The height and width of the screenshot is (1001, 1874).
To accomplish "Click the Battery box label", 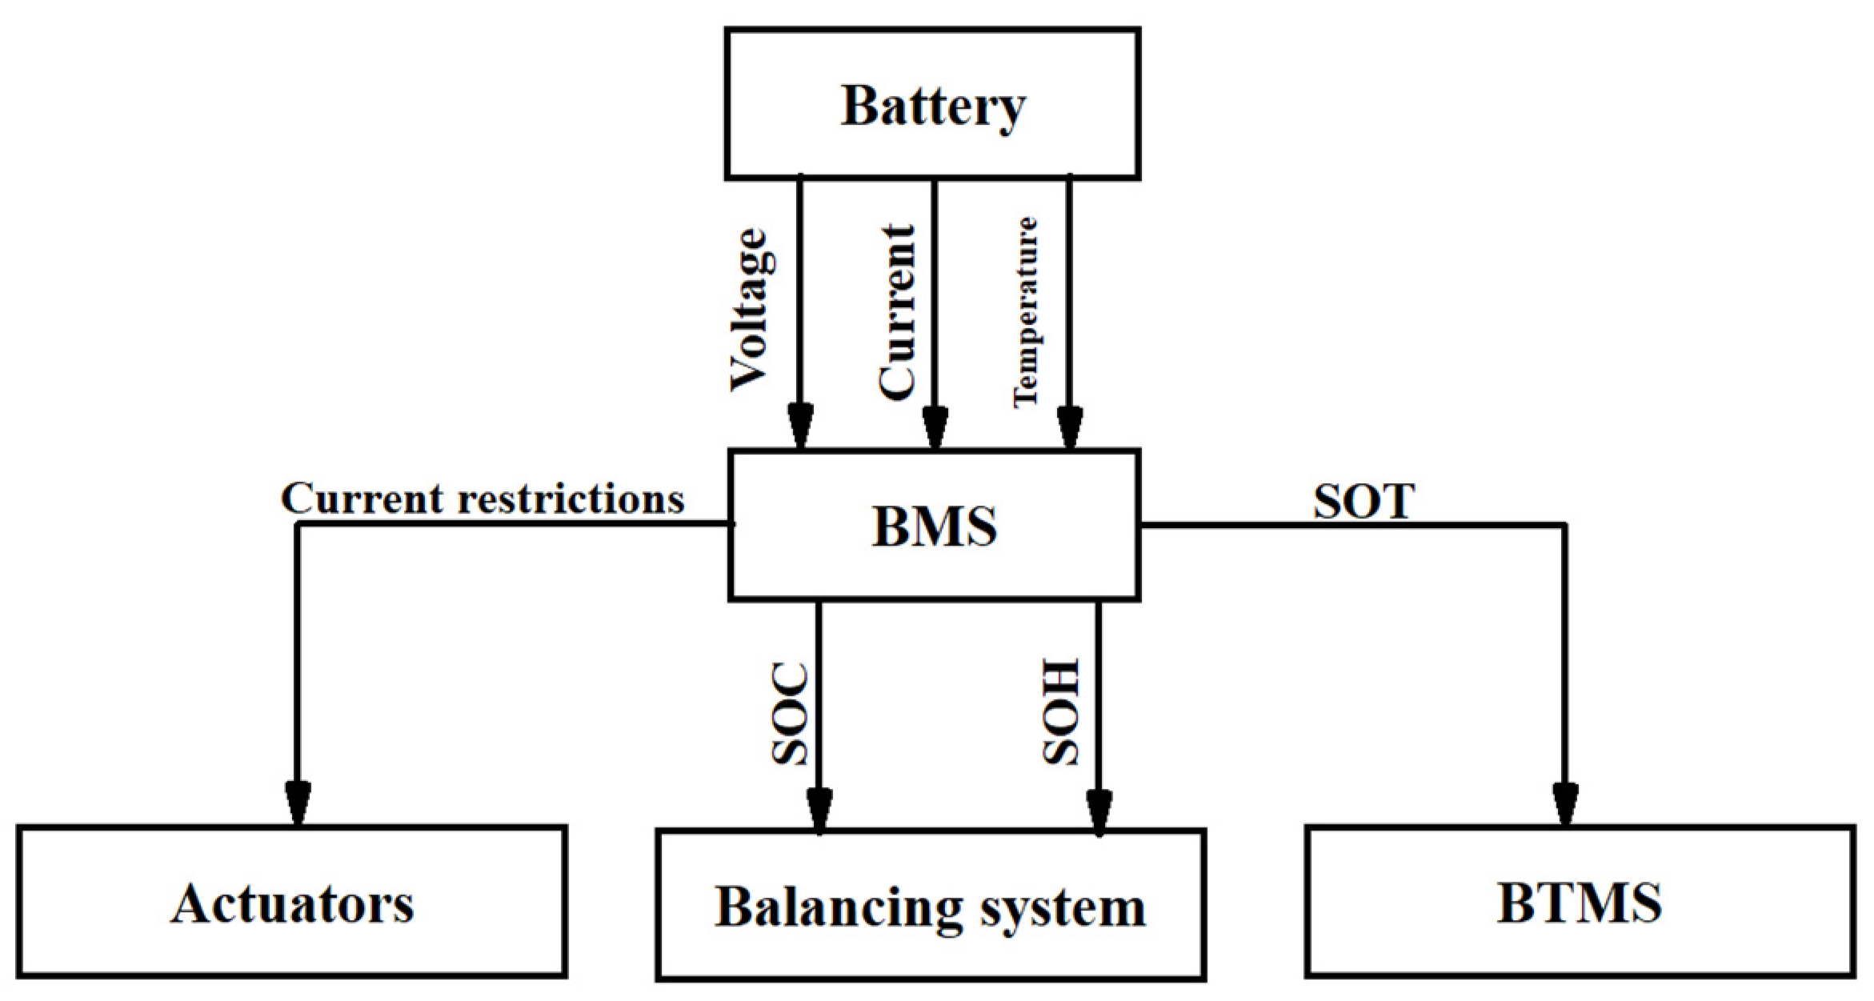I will coord(932,106).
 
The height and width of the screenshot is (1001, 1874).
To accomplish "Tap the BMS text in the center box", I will coord(934,527).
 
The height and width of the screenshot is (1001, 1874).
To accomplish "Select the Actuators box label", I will coord(292,904).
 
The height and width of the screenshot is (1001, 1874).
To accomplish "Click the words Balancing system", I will coord(930,907).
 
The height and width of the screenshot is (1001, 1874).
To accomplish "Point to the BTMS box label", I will coord(1579,903).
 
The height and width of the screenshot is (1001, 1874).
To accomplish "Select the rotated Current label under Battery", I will coord(896,312).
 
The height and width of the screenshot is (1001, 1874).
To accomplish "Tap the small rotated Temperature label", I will coord(1026,312).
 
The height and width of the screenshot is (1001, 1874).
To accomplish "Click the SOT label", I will coord(1363,502).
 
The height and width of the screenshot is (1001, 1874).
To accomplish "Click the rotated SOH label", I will coord(1062,712).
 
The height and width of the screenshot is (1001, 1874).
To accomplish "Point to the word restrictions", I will coord(571,499).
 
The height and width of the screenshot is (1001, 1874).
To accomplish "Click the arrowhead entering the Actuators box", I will coord(298,803).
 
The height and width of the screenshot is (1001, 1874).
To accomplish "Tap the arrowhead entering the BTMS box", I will coord(1565,803).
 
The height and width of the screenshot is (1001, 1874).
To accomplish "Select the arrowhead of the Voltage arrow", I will coord(800,425).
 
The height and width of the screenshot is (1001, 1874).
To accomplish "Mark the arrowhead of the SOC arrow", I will coord(819,810).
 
